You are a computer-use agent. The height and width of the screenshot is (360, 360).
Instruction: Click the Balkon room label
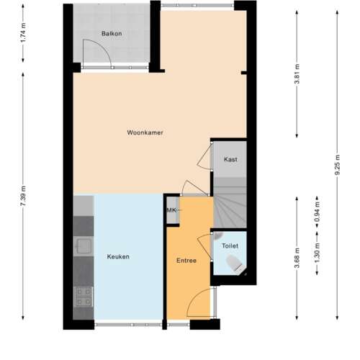111,34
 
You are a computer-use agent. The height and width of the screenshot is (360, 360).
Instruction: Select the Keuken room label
118,257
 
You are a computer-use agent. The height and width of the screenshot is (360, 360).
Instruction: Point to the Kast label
230,159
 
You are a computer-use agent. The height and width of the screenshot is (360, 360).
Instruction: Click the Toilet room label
230,246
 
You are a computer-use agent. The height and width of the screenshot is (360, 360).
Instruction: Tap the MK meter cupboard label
171,210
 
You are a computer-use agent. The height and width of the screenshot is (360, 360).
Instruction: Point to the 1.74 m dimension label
24,34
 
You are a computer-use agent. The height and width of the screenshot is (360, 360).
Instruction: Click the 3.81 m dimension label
297,75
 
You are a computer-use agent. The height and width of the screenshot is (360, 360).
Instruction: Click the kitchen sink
84,247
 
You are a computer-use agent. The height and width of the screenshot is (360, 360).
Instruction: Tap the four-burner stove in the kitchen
84,295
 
